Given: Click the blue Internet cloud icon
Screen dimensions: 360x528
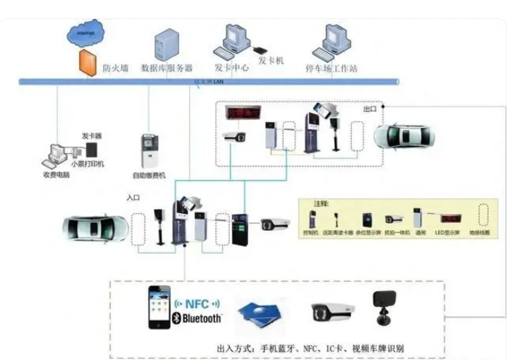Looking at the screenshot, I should [86, 32].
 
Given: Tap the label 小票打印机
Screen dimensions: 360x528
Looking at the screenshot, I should [87, 164].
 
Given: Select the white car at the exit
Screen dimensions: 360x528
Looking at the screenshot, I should [406, 134].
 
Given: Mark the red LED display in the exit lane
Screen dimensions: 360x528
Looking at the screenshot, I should [245, 112].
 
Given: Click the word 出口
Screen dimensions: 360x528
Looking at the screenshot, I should [370, 109].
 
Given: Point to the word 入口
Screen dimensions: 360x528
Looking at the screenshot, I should [133, 197].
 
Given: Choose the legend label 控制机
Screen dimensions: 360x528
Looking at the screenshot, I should [310, 233].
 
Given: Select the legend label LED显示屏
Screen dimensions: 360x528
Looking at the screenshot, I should [448, 233].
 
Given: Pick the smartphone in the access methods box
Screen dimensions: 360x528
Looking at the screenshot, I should [159, 306].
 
